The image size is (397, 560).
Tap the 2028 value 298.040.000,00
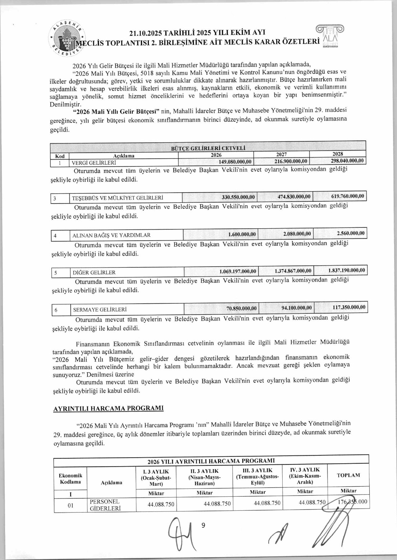point(347,161)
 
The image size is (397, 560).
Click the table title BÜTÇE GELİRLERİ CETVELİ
point(208,148)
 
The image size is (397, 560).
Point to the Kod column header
point(60,156)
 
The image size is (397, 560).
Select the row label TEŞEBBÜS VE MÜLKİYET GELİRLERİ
point(118,198)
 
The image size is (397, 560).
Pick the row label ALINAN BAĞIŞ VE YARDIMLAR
point(111,235)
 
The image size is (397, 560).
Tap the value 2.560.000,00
point(351,233)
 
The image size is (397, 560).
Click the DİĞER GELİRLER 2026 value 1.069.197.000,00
point(238,271)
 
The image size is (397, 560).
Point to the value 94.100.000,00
point(297,308)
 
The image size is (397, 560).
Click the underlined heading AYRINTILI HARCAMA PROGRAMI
point(108,409)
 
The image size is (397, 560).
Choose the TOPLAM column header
point(348,475)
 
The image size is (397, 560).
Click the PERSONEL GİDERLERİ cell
point(105,505)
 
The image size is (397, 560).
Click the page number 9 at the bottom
point(203,525)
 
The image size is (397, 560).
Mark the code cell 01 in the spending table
point(70,505)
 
